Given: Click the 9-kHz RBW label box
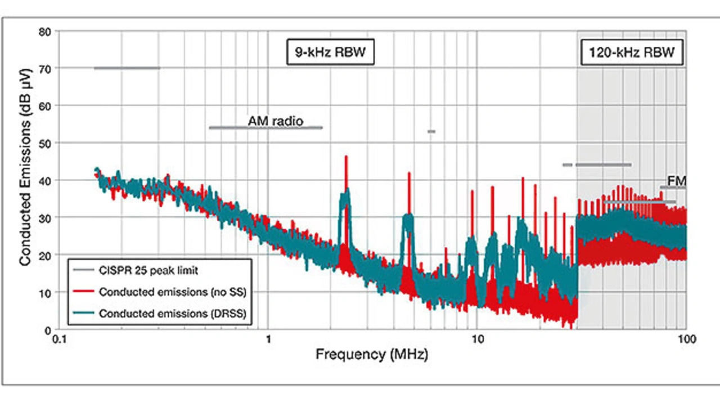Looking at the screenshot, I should click(x=330, y=53).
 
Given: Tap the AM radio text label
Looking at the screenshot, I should click(x=275, y=121).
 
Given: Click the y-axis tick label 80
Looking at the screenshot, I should click(x=46, y=31).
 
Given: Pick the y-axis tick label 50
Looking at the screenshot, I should click(x=46, y=143).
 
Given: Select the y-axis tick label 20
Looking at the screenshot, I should click(x=46, y=255).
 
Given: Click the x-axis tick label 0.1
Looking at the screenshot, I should click(x=58, y=340).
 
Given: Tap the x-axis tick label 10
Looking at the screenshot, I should click(x=476, y=340).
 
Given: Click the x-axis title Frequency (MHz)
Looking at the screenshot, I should click(x=371, y=355).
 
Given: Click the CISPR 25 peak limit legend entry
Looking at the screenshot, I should click(x=148, y=270).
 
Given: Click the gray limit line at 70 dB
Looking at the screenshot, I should click(x=127, y=68).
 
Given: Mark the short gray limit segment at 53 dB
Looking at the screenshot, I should click(x=431, y=132).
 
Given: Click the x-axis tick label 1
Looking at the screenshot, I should click(x=268, y=340).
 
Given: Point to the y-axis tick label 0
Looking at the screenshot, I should click(x=49, y=330).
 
